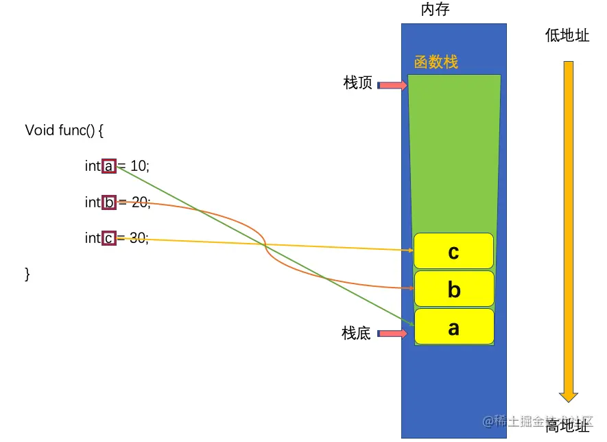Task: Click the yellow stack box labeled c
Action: tap(453, 251)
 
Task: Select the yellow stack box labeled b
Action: tap(453, 289)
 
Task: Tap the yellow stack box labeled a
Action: tap(453, 327)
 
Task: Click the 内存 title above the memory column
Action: tap(436, 10)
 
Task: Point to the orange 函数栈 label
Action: tap(436, 62)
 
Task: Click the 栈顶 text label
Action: tap(357, 84)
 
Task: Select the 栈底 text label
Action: tap(356, 334)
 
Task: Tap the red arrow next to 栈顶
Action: tap(393, 85)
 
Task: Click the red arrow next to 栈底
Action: tap(393, 334)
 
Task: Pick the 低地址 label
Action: tap(567, 36)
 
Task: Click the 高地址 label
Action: tap(567, 426)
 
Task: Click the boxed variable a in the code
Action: tap(109, 166)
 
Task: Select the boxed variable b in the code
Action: tap(109, 202)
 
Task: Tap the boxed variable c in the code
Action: tap(109, 239)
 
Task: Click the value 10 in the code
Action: tap(139, 166)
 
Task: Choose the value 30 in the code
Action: tap(138, 239)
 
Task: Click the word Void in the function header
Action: tap(38, 130)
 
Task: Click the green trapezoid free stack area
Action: tap(453, 151)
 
